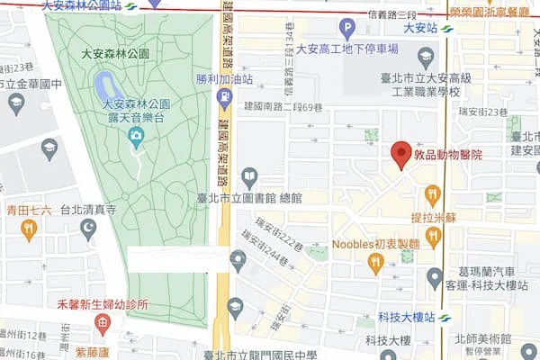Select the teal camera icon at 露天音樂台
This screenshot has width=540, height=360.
tap(137, 138)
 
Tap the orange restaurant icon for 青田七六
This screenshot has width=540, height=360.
tap(29, 229)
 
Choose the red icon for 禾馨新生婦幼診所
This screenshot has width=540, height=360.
tap(103, 322)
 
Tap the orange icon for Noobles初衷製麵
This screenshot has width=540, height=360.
tap(376, 263)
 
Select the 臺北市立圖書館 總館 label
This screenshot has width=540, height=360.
tap(250, 197)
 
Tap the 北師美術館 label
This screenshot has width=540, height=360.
tap(483, 339)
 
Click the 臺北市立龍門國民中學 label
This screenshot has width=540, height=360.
tap(260, 355)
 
